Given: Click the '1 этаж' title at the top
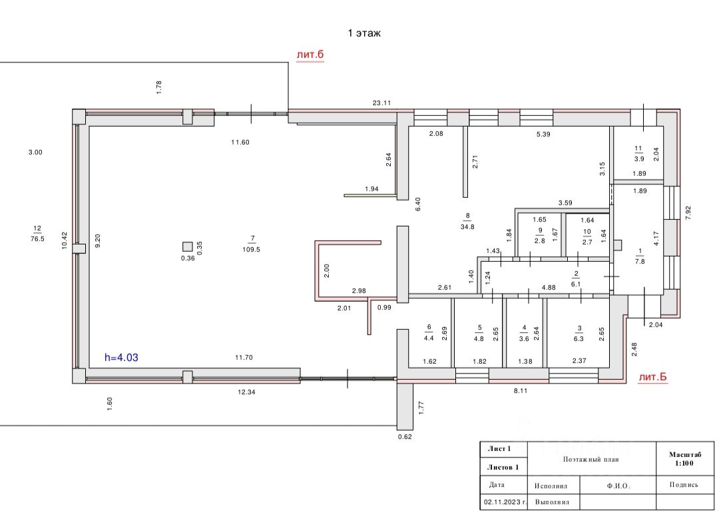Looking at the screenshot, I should pyautogui.click(x=364, y=33).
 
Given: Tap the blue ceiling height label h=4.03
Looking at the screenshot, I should pyautogui.click(x=121, y=357).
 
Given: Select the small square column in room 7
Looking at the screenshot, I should pyautogui.click(x=187, y=245).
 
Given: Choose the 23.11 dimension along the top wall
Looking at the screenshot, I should pyautogui.click(x=381, y=103).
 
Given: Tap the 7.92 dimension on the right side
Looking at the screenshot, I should pyautogui.click(x=688, y=213).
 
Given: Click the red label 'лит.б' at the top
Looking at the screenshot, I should pyautogui.click(x=310, y=55).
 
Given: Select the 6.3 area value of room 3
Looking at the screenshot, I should pyautogui.click(x=579, y=338).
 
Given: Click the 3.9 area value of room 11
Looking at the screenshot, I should pyautogui.click(x=638, y=158).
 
